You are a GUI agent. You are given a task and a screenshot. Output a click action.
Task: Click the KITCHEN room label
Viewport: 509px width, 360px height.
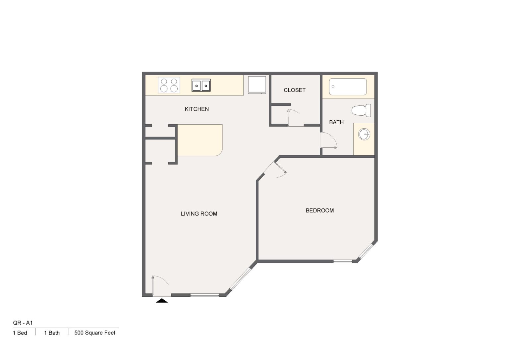[197, 109]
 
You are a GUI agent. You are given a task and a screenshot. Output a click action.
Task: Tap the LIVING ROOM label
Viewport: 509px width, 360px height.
[199, 214]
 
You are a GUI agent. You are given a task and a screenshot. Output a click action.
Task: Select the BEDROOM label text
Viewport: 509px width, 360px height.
[319, 210]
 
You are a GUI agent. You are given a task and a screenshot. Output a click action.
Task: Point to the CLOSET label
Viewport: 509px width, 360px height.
[295, 90]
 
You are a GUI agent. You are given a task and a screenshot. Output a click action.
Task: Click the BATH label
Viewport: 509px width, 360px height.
[336, 122]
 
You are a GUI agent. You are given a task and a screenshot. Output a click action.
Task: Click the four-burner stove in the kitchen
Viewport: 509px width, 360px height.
[169, 85]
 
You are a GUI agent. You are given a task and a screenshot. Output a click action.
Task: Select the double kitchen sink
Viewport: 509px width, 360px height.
[201, 86]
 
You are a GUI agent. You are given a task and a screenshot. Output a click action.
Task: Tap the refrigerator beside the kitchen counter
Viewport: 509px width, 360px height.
[257, 85]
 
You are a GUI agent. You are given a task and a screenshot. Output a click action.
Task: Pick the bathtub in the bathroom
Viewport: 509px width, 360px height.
[348, 87]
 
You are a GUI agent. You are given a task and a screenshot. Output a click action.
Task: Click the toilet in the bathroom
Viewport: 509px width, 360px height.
[362, 110]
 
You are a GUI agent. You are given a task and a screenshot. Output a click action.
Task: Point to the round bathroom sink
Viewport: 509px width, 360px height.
[364, 135]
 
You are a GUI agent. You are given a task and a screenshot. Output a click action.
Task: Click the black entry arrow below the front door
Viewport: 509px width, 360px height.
[162, 301]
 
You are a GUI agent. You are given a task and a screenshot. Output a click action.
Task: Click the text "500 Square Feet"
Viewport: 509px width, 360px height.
[95, 333]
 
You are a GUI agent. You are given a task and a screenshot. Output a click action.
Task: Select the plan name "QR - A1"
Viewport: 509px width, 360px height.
[23, 323]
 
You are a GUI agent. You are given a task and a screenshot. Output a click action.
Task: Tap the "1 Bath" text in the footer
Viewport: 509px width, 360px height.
[52, 333]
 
